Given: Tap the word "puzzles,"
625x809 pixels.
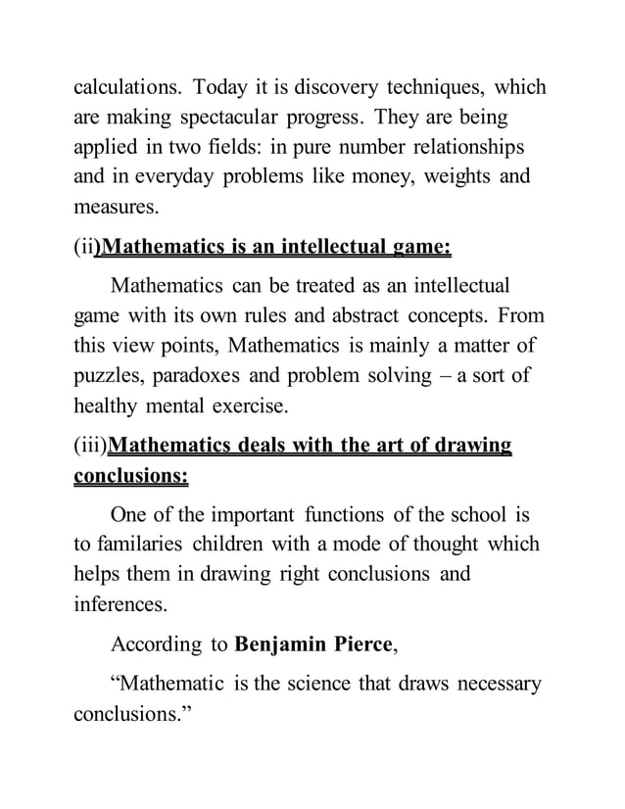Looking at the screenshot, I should click(112, 376).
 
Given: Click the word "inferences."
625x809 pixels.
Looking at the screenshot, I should click(120, 604).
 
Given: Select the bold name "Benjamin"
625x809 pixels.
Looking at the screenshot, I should click(287, 644).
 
